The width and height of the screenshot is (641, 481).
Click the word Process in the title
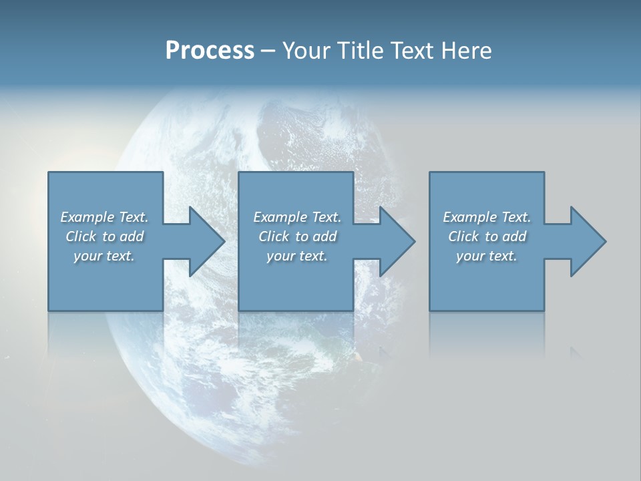pos(210,51)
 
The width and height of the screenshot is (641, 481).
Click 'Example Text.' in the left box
pos(104,217)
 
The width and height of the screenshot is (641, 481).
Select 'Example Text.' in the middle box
pos(297,217)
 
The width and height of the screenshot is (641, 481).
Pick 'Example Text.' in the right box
pos(487,217)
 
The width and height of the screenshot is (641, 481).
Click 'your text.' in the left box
pos(104,256)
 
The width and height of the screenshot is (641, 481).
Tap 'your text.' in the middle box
pos(297,256)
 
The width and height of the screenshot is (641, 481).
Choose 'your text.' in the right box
pos(487,256)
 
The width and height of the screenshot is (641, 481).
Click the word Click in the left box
pos(81,236)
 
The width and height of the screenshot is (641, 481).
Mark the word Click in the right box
pos(463,236)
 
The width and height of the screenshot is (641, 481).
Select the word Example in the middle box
pos(278,217)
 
